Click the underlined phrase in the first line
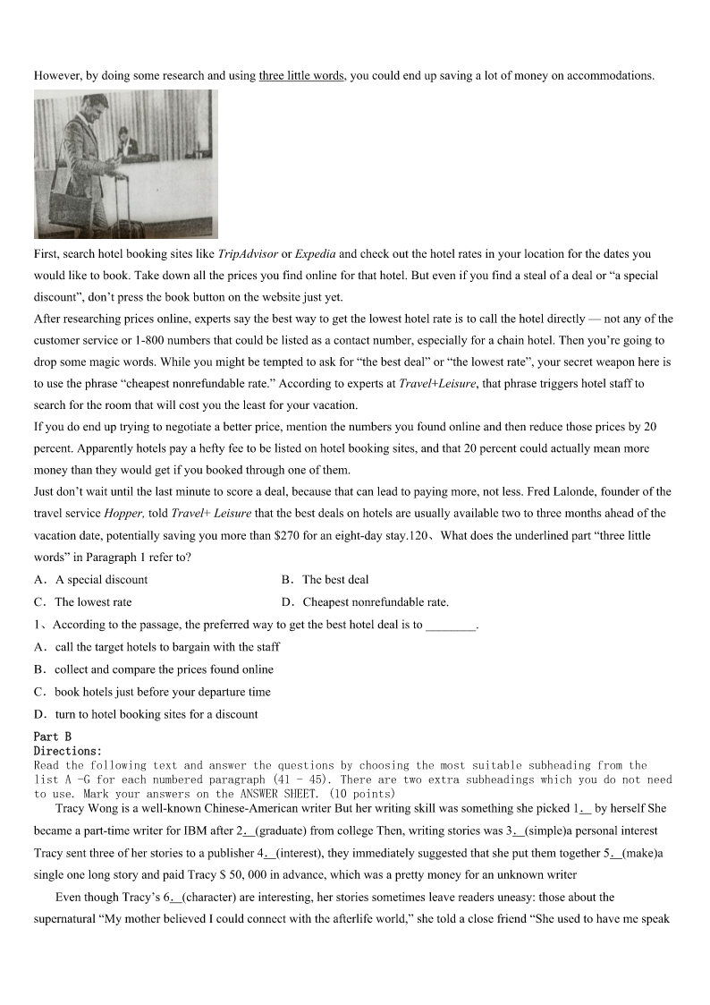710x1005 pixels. tap(301, 75)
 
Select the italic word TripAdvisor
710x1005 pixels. tap(248, 254)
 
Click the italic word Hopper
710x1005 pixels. tap(123, 514)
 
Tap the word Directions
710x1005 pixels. tap(67, 751)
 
